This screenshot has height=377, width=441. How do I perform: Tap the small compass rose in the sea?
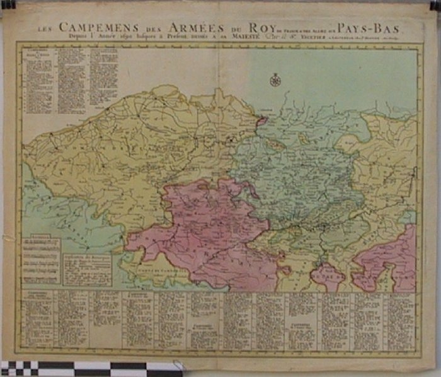point(275,80)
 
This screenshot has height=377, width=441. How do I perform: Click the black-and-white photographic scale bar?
point(82,368)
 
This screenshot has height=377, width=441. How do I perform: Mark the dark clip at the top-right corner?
point(435,5)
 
